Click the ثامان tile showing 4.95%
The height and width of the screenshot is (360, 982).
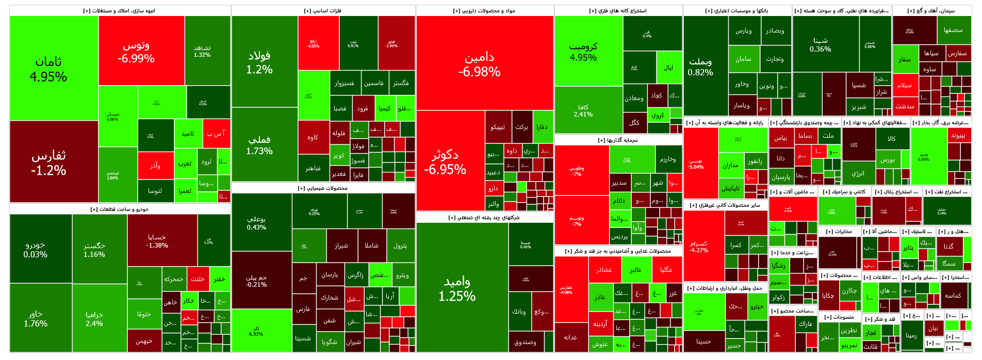(x=48, y=69)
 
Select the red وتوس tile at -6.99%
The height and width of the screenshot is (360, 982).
(x=136, y=52)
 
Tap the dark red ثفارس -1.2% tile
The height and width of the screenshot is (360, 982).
(x=48, y=162)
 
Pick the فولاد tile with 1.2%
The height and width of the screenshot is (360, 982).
(x=259, y=62)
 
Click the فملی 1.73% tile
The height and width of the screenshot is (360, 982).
(x=259, y=145)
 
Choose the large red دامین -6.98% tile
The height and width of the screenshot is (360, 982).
(x=479, y=64)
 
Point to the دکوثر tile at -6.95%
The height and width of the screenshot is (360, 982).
(x=445, y=161)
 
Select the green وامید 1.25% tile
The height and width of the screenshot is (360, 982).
(x=457, y=288)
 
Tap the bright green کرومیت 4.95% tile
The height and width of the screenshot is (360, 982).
(x=583, y=52)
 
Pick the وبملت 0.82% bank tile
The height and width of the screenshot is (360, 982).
(x=700, y=67)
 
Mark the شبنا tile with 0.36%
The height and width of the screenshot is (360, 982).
(x=821, y=44)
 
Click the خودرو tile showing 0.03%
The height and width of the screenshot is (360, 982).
(x=36, y=250)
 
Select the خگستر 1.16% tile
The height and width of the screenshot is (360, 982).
(x=94, y=250)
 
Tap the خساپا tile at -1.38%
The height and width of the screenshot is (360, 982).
(x=157, y=241)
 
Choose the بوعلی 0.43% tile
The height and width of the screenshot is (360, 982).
(x=256, y=223)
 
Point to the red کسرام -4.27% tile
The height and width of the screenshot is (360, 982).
(x=699, y=247)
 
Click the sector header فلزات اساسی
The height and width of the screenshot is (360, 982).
(x=323, y=11)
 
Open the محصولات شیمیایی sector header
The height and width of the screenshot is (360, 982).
(x=323, y=188)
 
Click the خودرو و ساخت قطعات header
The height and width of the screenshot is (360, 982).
(x=120, y=209)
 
